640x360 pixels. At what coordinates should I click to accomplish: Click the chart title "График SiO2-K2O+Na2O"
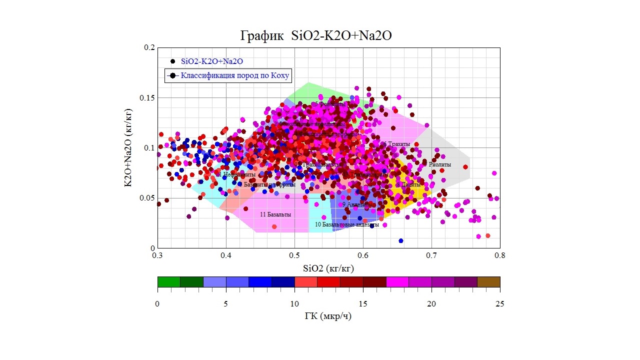click(x=315, y=36)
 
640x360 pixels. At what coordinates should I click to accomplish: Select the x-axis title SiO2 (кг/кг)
click(x=328, y=268)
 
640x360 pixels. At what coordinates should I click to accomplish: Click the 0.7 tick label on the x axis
click(x=431, y=255)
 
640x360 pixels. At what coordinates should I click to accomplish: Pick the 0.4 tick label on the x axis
click(x=226, y=255)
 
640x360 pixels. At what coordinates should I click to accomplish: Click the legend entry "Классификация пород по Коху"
click(x=235, y=75)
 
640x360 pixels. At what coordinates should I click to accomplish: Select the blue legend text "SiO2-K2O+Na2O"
click(x=212, y=61)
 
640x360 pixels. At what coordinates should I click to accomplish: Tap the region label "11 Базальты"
click(x=275, y=214)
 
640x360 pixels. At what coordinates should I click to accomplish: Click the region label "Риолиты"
click(x=439, y=164)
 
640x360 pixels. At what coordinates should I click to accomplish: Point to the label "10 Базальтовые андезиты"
click(x=346, y=225)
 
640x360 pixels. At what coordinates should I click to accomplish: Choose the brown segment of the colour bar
click(x=488, y=282)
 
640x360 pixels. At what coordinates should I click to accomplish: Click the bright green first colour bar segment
click(x=168, y=282)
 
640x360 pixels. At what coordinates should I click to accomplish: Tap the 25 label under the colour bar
click(x=499, y=304)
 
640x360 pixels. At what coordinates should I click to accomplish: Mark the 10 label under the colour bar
click(x=294, y=304)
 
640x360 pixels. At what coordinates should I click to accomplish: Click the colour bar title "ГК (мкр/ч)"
click(x=328, y=317)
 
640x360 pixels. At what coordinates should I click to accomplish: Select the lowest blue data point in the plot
click(x=400, y=241)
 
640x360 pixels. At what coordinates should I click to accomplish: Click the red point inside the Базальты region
click(x=274, y=226)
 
